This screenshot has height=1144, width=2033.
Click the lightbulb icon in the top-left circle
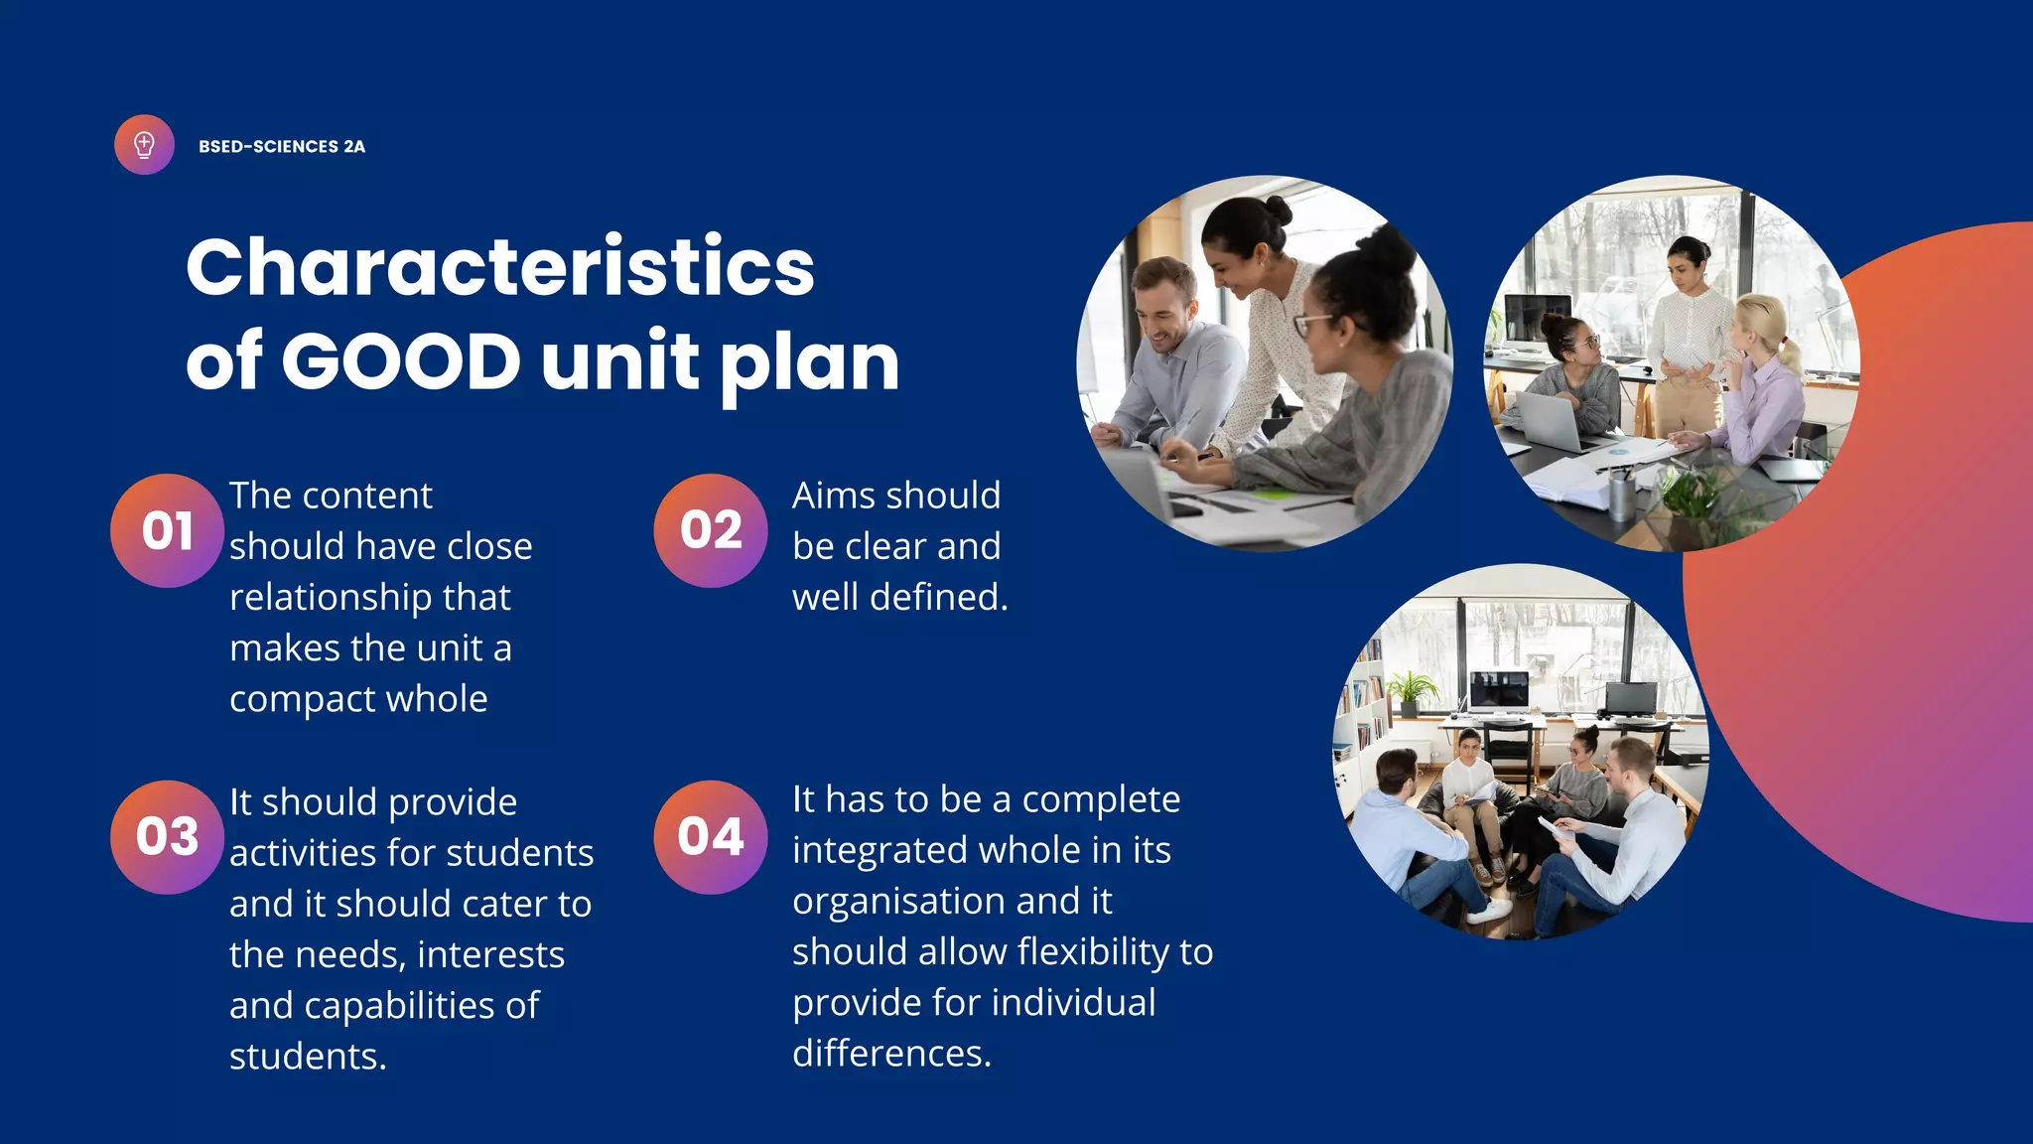click(x=144, y=145)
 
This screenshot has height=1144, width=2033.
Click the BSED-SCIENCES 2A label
click(x=282, y=147)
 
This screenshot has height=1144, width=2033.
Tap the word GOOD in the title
click(x=401, y=359)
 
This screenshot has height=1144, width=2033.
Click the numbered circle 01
click(x=167, y=530)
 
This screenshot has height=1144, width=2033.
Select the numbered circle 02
click(x=711, y=530)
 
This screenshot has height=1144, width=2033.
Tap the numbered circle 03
click(x=167, y=836)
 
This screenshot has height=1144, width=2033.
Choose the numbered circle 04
click(x=711, y=836)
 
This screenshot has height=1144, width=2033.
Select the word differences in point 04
click(x=890, y=1054)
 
